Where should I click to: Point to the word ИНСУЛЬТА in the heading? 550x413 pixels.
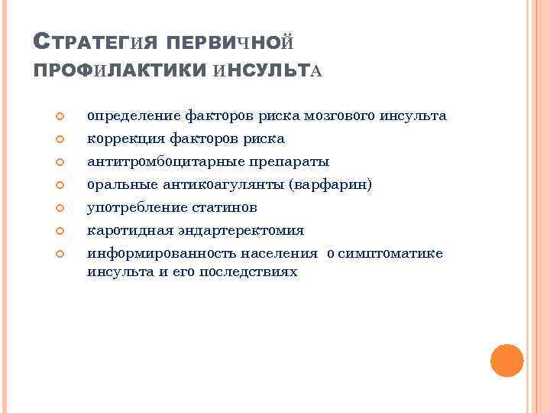pyautogui.click(x=269, y=70)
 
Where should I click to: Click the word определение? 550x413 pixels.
pyautogui.click(x=134, y=116)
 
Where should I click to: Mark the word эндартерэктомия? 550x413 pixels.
pyautogui.click(x=238, y=230)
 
